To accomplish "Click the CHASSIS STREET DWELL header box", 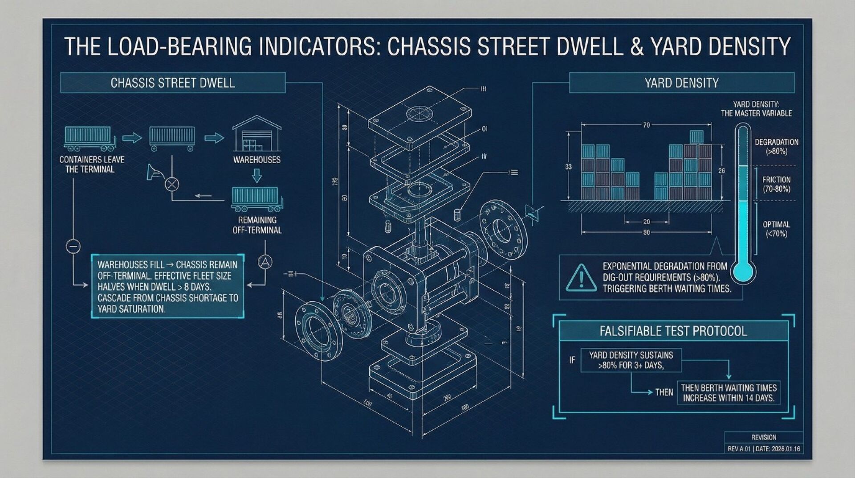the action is [172, 83].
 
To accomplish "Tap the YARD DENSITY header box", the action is [681, 83].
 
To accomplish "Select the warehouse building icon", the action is [257, 134].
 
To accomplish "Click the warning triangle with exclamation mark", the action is [581, 278].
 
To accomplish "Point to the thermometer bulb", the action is [742, 271].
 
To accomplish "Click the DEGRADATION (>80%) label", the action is [776, 147].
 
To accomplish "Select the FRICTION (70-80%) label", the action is [776, 184].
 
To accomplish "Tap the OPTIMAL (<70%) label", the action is [776, 229].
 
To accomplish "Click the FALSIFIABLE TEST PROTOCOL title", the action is [673, 331].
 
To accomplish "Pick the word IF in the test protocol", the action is [572, 360].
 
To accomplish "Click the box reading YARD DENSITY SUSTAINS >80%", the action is [631, 360].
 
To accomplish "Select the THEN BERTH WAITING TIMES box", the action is [729, 393].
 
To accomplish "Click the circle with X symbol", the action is [172, 184].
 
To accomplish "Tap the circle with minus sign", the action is [73, 246].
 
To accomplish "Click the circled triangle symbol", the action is [265, 262].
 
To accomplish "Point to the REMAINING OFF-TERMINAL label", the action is [257, 225].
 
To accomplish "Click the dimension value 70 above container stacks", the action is [646, 125].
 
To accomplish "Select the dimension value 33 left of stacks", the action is [568, 167].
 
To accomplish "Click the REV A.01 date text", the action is [764, 449].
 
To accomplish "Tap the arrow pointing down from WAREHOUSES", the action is [257, 175].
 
